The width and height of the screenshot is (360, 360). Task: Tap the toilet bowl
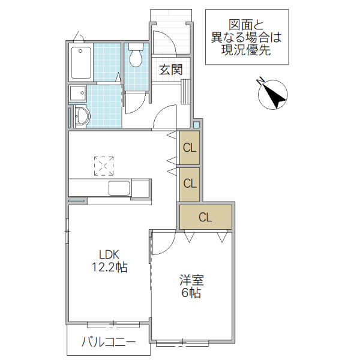click(x=136, y=57)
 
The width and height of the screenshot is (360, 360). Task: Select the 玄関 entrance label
click(x=170, y=69)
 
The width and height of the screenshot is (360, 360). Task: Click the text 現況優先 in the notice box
click(x=246, y=51)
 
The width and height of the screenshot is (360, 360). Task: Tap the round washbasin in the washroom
click(x=82, y=116)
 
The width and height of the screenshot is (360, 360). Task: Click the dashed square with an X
click(x=103, y=166)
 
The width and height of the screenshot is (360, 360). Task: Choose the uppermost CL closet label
click(x=190, y=147)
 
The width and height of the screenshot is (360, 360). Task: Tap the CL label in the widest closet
click(x=205, y=217)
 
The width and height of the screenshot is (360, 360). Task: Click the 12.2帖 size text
click(x=109, y=268)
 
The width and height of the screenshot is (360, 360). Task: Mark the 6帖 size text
click(x=192, y=293)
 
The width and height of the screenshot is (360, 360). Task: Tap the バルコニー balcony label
click(x=108, y=343)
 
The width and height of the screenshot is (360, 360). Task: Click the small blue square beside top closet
click(x=196, y=125)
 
